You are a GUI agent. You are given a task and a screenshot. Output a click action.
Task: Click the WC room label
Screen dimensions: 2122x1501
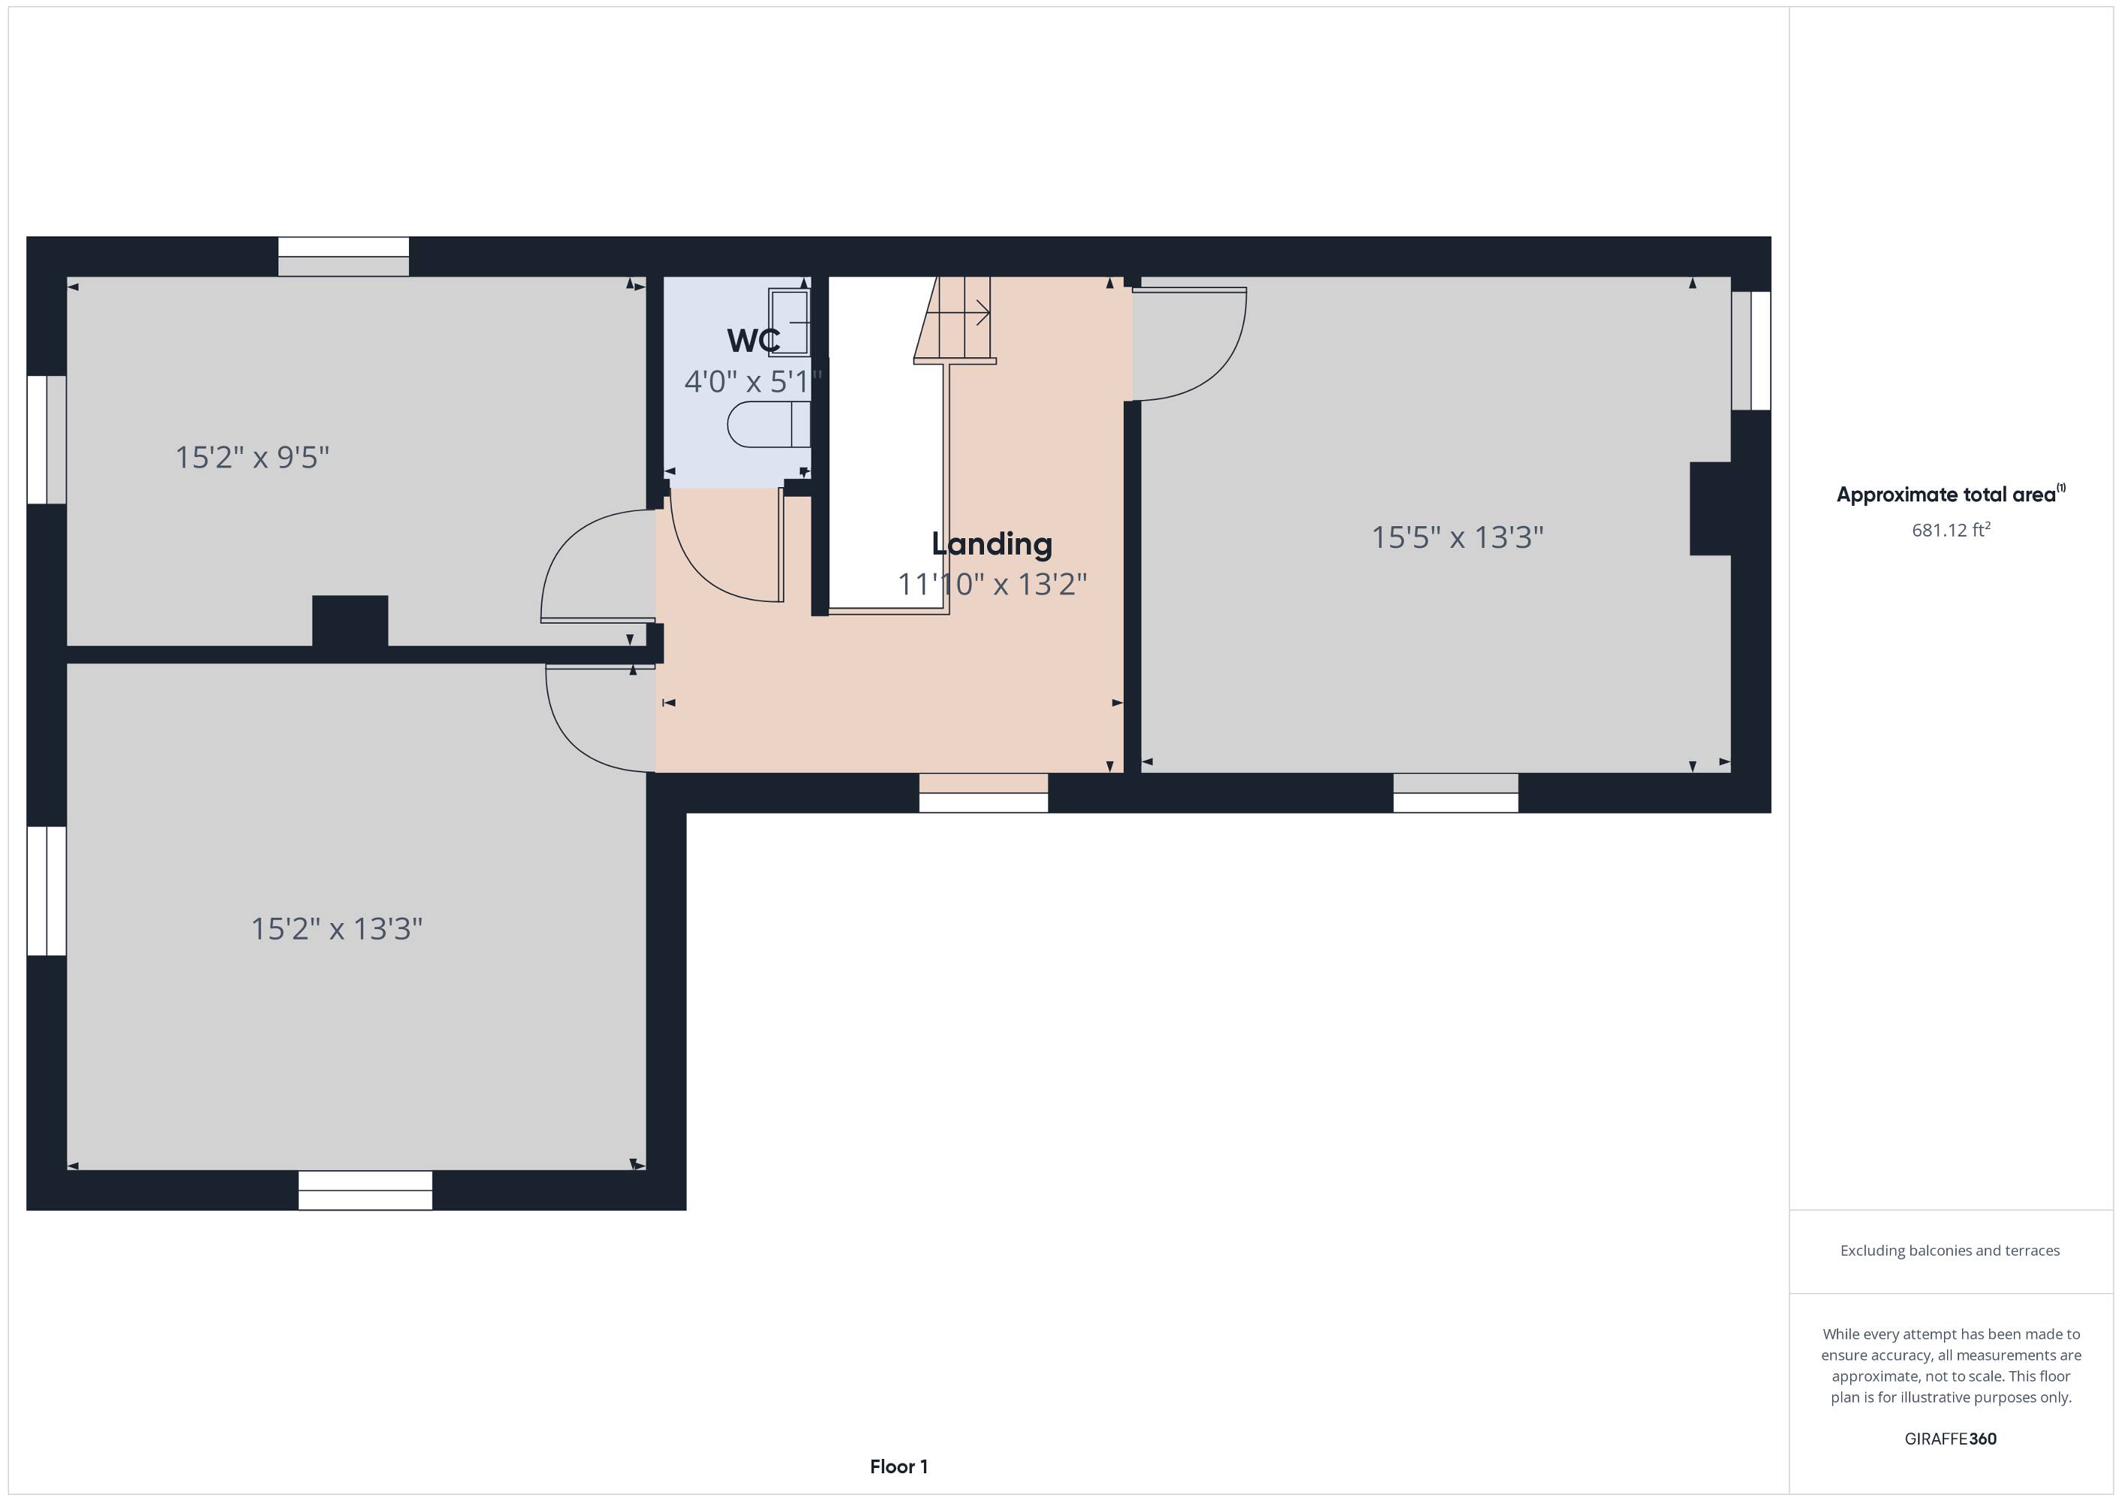pos(753,340)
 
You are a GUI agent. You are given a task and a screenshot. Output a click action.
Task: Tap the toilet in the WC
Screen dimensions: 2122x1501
pos(769,424)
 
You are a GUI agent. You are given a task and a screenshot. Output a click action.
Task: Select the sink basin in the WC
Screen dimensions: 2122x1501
pos(790,322)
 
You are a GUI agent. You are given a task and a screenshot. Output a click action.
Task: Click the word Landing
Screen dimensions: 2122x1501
pos(992,544)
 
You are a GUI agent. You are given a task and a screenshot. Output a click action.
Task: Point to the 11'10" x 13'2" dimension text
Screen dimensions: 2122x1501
pos(992,584)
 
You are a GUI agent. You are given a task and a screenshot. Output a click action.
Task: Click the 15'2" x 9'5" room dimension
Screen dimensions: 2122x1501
pos(252,458)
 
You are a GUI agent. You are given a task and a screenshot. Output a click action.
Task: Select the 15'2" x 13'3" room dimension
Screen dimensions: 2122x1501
pos(336,929)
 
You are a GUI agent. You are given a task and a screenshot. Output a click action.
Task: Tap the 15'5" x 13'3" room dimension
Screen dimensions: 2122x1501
pos(1458,537)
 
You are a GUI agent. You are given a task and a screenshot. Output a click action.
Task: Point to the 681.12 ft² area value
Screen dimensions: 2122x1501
pos(1951,530)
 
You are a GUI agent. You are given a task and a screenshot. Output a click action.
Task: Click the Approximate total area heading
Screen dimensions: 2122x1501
pos(1950,495)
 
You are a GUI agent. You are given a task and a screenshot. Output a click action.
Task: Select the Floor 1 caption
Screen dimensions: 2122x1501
pos(898,1466)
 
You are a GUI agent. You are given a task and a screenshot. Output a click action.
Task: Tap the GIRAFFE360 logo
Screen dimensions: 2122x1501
pos(1950,1438)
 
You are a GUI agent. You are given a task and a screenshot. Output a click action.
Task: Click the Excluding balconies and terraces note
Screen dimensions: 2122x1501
pos(1950,1250)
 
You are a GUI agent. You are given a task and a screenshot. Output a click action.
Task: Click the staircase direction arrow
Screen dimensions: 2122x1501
pos(959,312)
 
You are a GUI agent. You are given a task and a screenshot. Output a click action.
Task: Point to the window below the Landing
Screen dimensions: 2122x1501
pos(983,793)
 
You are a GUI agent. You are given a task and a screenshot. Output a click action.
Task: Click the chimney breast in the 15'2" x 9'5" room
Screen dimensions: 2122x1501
pos(351,621)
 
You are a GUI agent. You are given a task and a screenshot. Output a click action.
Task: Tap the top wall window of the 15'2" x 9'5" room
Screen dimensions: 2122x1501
pos(344,257)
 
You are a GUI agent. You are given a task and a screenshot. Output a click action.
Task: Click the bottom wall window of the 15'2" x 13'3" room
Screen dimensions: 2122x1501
pos(365,1190)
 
